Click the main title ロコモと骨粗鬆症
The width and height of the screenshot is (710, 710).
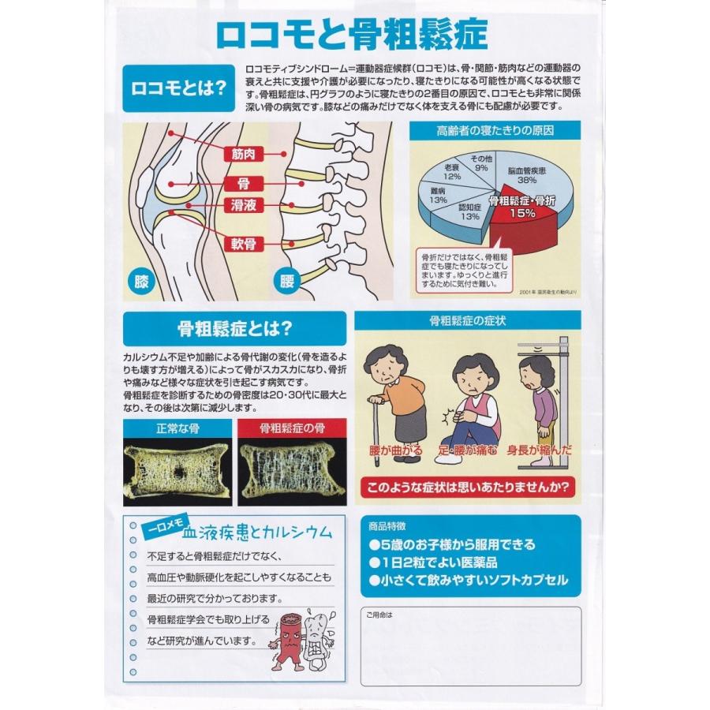352,35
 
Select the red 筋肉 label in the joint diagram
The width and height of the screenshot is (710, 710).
243,155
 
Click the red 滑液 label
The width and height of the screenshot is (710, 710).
243,204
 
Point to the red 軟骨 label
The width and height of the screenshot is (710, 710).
243,244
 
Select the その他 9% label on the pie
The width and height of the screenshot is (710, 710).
480,163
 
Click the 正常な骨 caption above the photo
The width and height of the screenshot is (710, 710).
177,429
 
